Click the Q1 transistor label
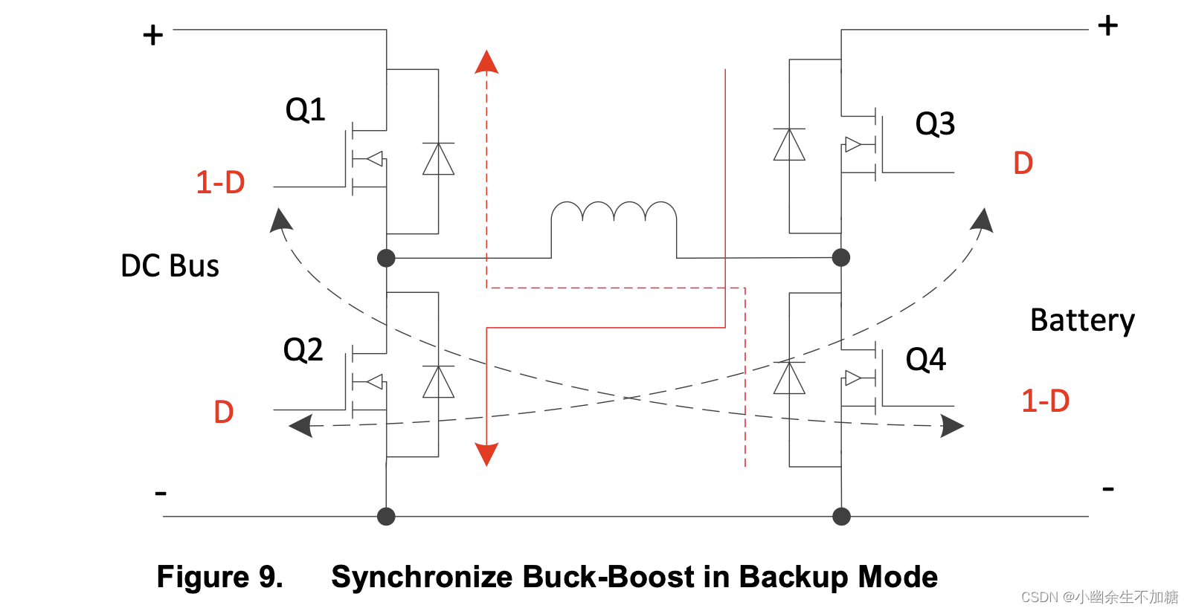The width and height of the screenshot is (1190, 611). [x=305, y=110]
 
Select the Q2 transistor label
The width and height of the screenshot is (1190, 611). [x=303, y=349]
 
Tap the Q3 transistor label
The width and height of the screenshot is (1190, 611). [x=934, y=124]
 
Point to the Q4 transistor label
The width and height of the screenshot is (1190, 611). [x=925, y=360]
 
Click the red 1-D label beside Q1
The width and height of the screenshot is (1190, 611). [x=220, y=183]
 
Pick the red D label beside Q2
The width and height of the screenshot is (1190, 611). [x=223, y=412]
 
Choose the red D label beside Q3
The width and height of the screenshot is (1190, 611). [x=1023, y=164]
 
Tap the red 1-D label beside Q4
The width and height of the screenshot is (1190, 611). [x=1045, y=401]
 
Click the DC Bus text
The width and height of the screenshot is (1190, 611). [x=170, y=266]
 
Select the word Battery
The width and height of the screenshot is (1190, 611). [x=1082, y=321]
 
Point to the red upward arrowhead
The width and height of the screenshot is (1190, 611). [x=486, y=62]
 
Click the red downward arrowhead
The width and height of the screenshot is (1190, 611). [x=486, y=453]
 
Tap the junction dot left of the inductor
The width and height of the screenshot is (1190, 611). [x=386, y=258]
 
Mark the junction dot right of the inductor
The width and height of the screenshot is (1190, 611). [x=841, y=258]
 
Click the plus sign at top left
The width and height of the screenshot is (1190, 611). [x=153, y=35]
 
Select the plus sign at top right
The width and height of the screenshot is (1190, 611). [x=1107, y=26]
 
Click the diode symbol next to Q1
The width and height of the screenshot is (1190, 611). [x=438, y=159]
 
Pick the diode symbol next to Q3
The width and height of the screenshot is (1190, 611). [x=789, y=145]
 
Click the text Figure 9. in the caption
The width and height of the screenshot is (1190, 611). [x=219, y=578]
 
